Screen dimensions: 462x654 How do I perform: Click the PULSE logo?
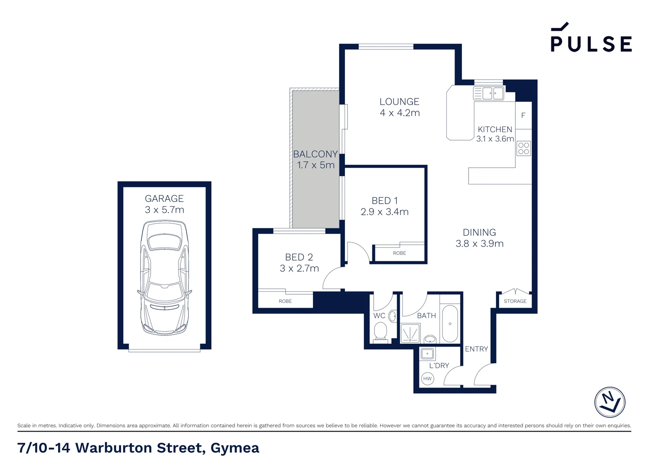click(x=591, y=38)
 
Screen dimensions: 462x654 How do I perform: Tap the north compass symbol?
click(x=610, y=402)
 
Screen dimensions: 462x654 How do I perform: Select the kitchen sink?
click(x=488, y=93)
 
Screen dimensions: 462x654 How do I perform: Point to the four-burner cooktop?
click(x=523, y=148)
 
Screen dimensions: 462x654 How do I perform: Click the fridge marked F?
click(x=523, y=115)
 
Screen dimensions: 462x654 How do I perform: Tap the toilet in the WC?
click(x=380, y=332)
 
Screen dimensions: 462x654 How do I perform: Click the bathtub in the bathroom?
click(x=450, y=323)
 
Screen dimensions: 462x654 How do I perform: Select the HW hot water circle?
click(x=427, y=379)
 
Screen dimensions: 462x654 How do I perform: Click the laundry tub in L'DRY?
click(x=427, y=354)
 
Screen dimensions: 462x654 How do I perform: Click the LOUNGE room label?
click(x=399, y=102)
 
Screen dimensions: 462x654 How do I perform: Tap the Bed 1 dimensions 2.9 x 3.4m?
click(x=384, y=212)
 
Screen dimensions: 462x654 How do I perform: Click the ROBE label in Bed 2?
click(x=285, y=301)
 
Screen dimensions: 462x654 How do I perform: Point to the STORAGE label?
click(x=515, y=301)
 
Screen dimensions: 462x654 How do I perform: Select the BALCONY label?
click(x=315, y=154)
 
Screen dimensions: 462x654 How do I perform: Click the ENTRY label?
click(x=476, y=349)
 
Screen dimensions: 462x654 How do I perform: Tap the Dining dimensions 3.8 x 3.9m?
click(x=479, y=244)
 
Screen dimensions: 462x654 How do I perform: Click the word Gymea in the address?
click(x=235, y=448)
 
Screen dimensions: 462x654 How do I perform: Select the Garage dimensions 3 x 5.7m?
click(x=164, y=210)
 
